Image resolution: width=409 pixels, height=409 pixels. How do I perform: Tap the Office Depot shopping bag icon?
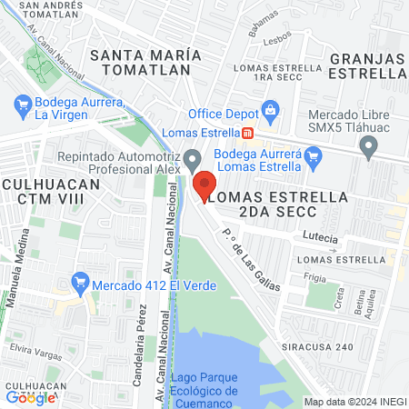click(270, 111)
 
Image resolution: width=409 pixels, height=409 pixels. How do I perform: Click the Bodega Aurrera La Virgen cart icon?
click(22, 107)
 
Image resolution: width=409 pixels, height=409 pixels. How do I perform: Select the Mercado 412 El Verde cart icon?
click(79, 283)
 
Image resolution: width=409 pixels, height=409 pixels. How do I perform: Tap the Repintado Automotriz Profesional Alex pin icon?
click(192, 162)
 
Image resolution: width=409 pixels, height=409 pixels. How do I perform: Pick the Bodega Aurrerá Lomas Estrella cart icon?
click(314, 159)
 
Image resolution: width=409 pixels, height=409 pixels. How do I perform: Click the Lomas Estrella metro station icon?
click(247, 133)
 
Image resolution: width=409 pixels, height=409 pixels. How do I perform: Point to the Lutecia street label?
click(321, 239)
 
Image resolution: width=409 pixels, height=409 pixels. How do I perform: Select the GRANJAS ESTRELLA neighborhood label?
click(367, 65)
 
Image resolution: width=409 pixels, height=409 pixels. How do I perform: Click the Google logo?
click(30, 396)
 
